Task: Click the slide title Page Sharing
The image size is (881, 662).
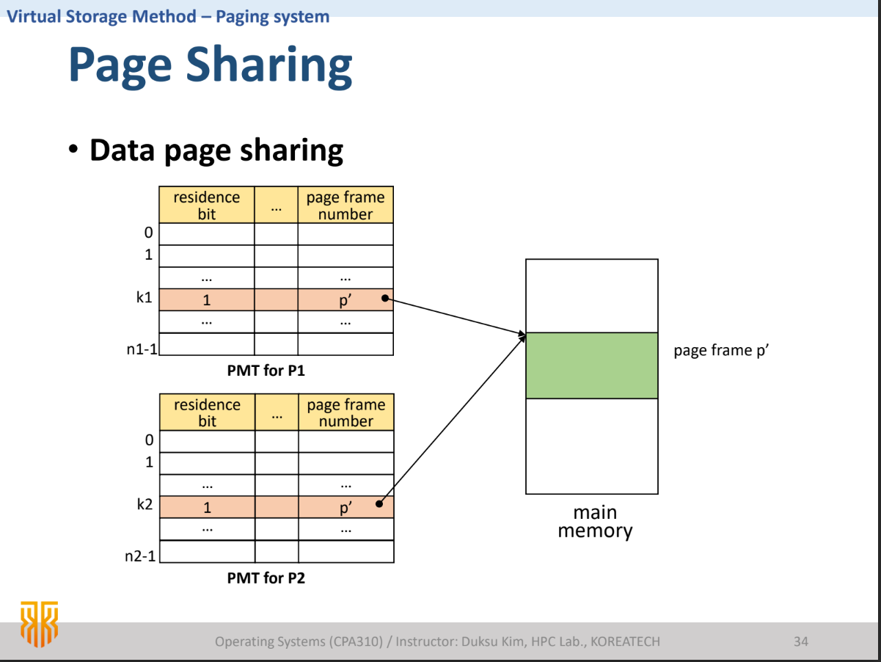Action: (x=211, y=65)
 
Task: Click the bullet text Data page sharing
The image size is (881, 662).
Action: (x=216, y=150)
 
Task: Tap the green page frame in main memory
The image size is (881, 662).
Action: (x=591, y=365)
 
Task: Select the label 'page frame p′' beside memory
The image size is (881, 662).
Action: (x=720, y=350)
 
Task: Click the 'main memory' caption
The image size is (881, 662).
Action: (x=594, y=521)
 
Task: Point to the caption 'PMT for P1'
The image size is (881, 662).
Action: (x=266, y=371)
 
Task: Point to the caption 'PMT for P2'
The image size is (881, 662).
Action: (x=266, y=578)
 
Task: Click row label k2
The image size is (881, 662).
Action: (x=145, y=506)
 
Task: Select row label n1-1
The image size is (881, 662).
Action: (x=142, y=349)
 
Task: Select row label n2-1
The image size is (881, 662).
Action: (x=141, y=556)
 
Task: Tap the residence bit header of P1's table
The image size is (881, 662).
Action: (x=207, y=205)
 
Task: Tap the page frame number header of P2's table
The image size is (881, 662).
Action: (x=346, y=412)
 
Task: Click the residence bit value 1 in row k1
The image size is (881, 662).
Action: (x=207, y=300)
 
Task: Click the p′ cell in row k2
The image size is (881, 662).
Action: (x=346, y=507)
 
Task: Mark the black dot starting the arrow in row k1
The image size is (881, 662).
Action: (x=383, y=299)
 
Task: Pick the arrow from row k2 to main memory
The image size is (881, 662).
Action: (x=452, y=420)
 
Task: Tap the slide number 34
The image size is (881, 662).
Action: (x=800, y=641)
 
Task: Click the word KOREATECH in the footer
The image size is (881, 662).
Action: (x=625, y=641)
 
